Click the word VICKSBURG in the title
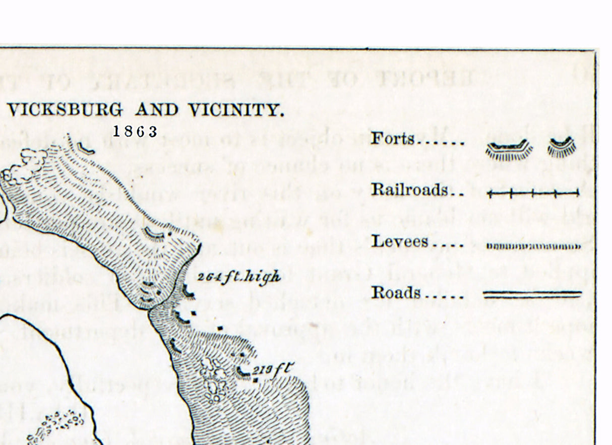pyautogui.click(x=65, y=110)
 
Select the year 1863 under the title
pyautogui.click(x=135, y=132)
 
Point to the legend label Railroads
pyautogui.click(x=409, y=190)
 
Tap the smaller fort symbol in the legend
pyautogui.click(x=562, y=147)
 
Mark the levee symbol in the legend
pyautogui.click(x=533, y=246)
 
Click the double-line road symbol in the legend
pyautogui.click(x=532, y=295)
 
